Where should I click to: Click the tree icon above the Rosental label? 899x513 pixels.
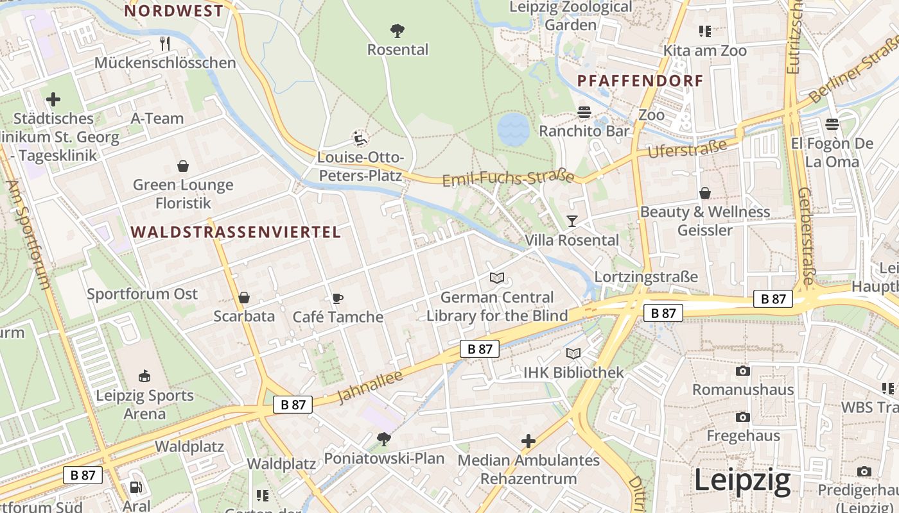click(397, 29)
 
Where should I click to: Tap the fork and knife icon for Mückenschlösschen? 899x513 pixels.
click(165, 44)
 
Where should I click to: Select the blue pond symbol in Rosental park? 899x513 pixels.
click(513, 128)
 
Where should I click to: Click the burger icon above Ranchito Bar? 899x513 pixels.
click(584, 112)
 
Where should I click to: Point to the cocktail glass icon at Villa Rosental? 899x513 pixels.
click(572, 221)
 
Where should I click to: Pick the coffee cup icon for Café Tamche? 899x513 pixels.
click(338, 298)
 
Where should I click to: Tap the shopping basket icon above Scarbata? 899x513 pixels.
click(244, 298)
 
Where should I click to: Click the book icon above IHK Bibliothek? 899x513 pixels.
click(573, 353)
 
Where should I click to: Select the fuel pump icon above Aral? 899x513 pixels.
click(135, 488)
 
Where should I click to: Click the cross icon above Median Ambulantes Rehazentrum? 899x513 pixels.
click(528, 441)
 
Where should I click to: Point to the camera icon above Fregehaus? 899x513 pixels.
click(743, 417)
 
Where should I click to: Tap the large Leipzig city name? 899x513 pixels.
click(742, 481)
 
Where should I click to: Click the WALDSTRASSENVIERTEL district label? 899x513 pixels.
click(236, 232)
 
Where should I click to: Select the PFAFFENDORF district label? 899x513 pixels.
click(640, 81)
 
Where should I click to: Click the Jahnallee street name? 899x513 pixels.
click(370, 387)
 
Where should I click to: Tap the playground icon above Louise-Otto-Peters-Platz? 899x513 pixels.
click(360, 139)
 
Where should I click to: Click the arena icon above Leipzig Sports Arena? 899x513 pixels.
click(144, 376)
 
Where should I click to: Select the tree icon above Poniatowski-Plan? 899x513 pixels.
click(384, 439)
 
